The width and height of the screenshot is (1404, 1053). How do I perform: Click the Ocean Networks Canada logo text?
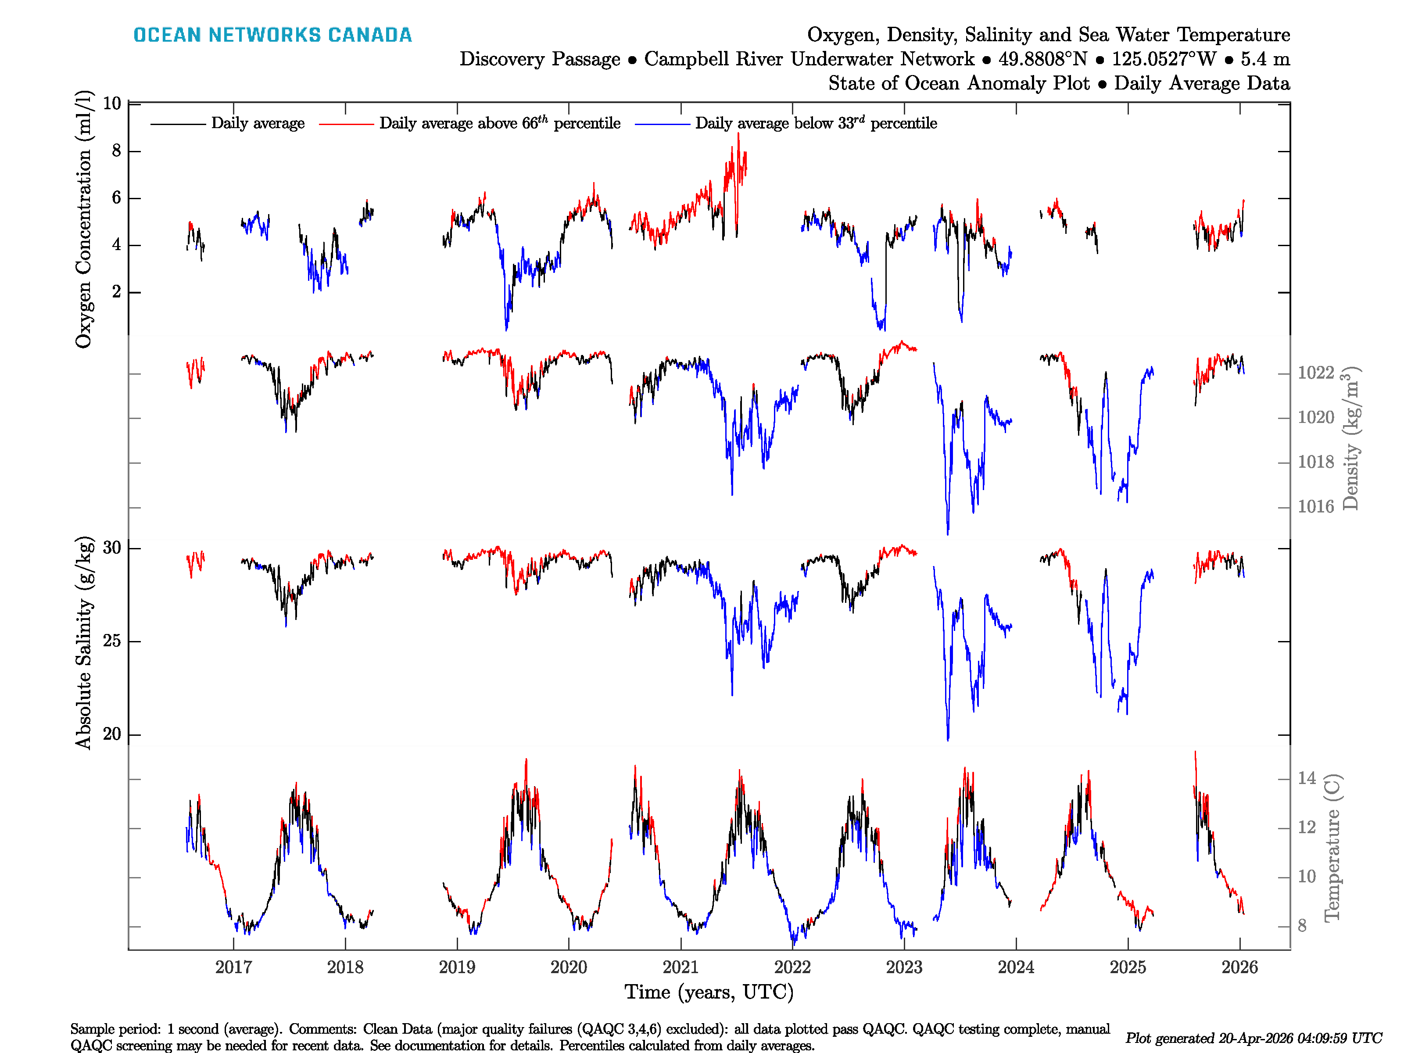click(272, 35)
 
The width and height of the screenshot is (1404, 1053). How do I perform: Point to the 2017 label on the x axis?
click(233, 967)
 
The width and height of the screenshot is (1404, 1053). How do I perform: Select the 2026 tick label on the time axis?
click(1239, 967)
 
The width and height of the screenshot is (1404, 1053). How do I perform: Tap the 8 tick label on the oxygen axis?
click(116, 151)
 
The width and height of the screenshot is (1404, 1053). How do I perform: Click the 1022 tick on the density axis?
click(1316, 372)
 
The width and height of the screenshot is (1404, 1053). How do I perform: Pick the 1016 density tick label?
click(1316, 506)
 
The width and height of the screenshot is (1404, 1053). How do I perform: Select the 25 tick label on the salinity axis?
click(112, 641)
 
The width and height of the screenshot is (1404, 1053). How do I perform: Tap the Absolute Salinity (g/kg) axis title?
click(83, 643)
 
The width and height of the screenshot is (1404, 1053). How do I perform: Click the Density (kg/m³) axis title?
click(1350, 438)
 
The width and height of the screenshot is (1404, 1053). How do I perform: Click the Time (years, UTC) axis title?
click(709, 992)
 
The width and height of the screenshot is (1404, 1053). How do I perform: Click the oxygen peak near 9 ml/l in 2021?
click(738, 135)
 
